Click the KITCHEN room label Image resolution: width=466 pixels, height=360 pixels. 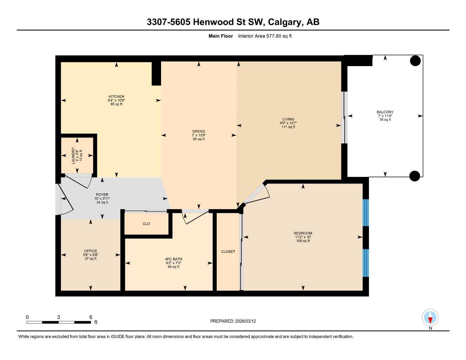tap(116, 96)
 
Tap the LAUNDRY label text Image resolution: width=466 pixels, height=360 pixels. tap(74, 155)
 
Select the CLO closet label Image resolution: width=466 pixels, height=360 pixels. tap(146, 224)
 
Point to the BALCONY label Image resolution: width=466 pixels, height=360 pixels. tap(385, 112)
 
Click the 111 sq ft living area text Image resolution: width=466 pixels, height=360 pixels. tap(288, 127)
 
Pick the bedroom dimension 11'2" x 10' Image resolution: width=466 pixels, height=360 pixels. tap(303, 237)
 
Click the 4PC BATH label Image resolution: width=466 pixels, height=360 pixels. tap(173, 259)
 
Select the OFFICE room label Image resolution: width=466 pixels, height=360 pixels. tap(90, 251)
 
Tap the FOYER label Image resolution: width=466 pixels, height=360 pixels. tap(102, 195)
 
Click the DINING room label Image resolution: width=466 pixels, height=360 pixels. tap(198, 131)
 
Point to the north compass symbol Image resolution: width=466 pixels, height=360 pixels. tap(430, 318)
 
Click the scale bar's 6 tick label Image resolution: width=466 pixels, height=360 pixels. tap(91, 317)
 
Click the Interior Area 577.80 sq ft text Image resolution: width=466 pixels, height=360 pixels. tap(265, 36)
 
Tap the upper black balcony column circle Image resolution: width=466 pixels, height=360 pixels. tap(415, 61)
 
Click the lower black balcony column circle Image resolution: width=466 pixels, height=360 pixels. tap(415, 176)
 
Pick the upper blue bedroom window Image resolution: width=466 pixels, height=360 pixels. tap(366, 212)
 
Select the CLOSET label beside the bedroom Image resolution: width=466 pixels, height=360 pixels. tap(228, 252)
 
